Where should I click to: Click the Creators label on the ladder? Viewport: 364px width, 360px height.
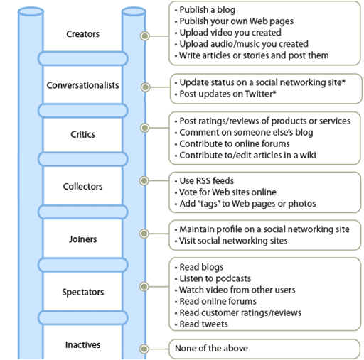pos(82,34)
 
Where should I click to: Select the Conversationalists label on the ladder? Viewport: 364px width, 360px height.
pos(82,85)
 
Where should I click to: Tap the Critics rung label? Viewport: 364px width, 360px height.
pos(82,134)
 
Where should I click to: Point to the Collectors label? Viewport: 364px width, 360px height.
pos(82,187)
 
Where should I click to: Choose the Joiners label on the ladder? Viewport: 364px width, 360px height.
pos(82,239)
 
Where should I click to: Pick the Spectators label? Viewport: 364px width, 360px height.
pos(82,292)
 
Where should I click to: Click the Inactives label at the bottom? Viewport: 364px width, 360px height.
pos(82,345)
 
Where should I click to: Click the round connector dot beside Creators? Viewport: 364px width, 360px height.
pos(145,36)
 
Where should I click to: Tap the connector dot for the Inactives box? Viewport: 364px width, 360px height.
pos(144,349)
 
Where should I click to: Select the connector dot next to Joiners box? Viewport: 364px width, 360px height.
pos(144,234)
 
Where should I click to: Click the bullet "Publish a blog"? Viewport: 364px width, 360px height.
pos(205,10)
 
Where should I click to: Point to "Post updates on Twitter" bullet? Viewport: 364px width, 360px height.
pos(225,94)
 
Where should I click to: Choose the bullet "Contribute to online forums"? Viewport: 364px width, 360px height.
pos(232,143)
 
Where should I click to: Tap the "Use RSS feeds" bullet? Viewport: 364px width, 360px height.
pos(204,181)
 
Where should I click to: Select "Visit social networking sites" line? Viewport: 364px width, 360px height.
pos(231,241)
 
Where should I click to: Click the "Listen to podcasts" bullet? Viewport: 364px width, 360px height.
pos(213,278)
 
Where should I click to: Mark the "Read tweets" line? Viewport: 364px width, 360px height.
pos(201,324)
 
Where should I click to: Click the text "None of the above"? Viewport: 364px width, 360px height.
pos(211,349)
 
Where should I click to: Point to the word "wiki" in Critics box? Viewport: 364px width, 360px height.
pos(308,156)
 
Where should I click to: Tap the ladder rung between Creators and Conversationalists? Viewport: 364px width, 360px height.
pos(82,58)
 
